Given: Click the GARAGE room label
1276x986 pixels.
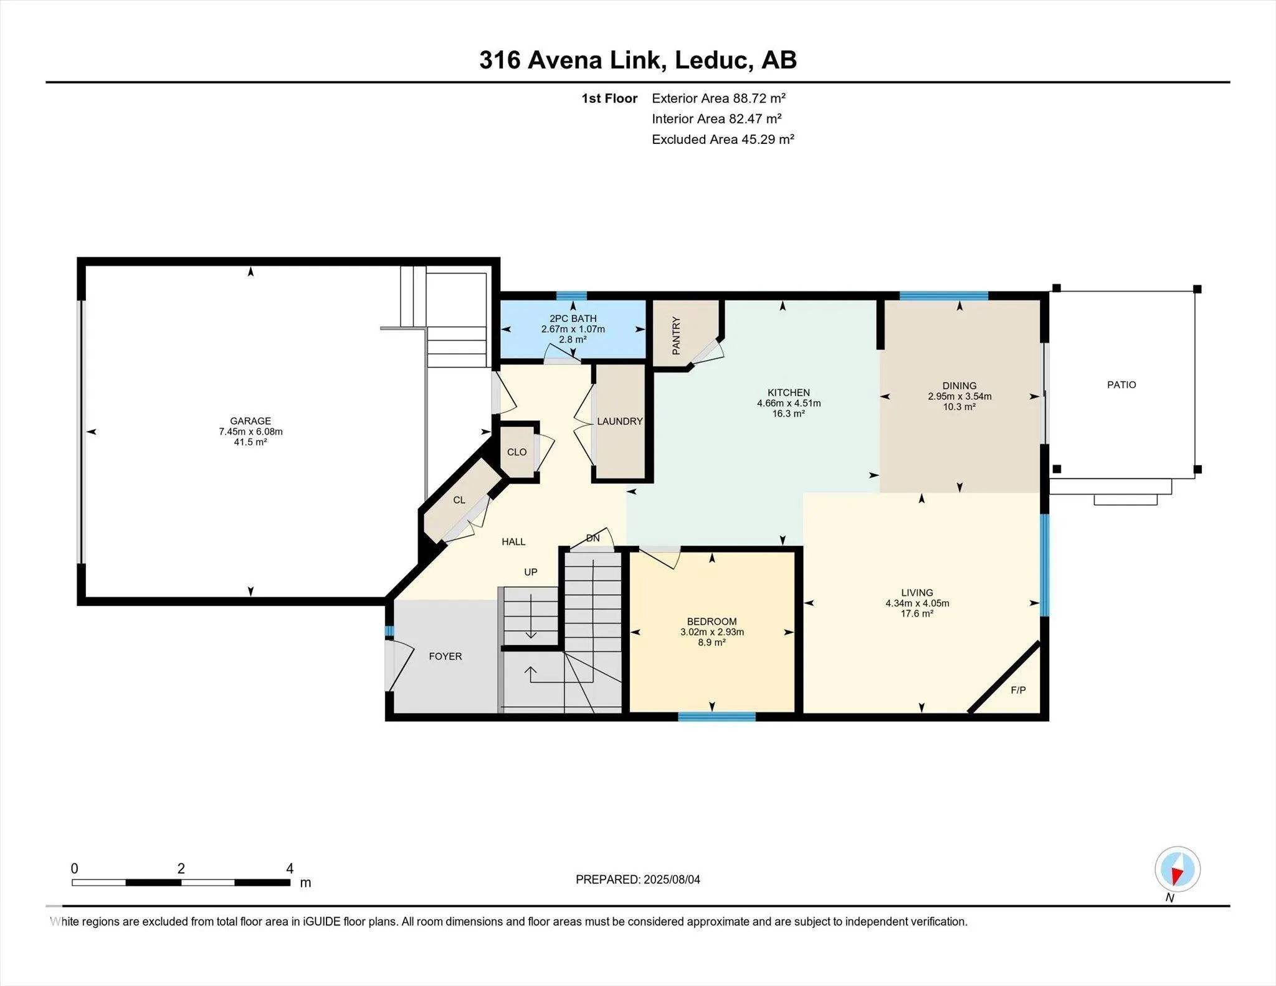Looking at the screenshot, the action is (250, 421).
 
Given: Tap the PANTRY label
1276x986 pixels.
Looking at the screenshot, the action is (676, 336).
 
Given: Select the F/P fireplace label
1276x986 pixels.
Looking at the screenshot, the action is (1018, 690).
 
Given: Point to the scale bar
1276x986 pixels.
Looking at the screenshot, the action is (181, 882).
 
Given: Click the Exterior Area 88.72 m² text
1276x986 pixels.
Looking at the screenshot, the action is (718, 98).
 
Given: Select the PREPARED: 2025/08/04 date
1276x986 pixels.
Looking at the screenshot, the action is (638, 879).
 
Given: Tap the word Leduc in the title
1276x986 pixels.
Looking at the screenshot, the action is (711, 60).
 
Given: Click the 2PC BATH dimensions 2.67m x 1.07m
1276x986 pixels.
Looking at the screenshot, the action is (573, 329).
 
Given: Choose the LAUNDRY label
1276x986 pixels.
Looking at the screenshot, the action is (620, 422).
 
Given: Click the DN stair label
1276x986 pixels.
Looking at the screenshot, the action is (593, 538).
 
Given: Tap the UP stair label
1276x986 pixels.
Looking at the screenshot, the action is (530, 572).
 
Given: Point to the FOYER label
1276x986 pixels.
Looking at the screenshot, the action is (445, 657).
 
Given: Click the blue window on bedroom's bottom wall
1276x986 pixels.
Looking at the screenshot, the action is (717, 717).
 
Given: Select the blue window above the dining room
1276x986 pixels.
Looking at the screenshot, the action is (943, 296).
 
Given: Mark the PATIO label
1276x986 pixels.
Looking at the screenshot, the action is (1121, 385).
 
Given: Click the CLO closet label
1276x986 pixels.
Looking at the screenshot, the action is (517, 452).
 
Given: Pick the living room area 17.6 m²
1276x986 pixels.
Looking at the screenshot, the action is (917, 614).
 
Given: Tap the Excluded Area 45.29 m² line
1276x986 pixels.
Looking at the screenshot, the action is (723, 140).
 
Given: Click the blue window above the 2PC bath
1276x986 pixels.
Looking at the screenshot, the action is (571, 296).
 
